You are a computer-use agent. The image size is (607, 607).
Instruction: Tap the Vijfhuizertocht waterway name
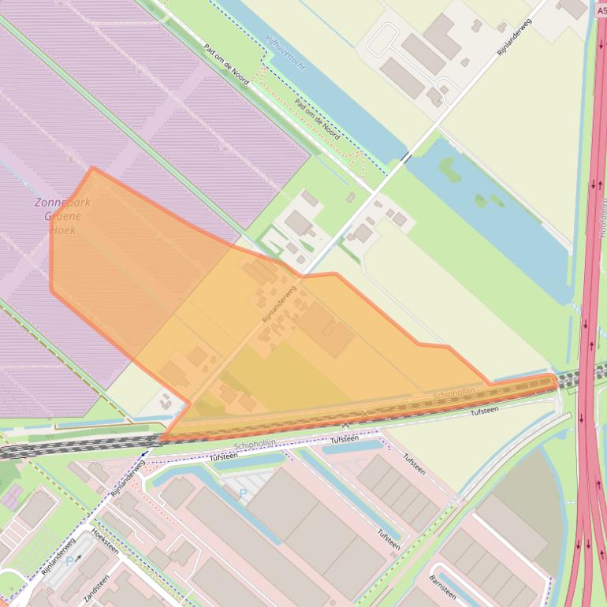(x=285, y=53)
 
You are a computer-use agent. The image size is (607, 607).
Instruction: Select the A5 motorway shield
(x=601, y=12)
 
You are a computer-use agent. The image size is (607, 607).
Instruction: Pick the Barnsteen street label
(x=443, y=583)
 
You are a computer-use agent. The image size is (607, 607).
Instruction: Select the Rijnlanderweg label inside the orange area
(x=279, y=303)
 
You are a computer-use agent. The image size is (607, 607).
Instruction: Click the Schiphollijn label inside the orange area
(x=454, y=392)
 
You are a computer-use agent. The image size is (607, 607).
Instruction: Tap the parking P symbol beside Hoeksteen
(x=71, y=561)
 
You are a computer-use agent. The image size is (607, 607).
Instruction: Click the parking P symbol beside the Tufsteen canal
(x=243, y=493)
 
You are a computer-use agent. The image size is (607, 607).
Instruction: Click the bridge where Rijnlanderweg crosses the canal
(x=405, y=158)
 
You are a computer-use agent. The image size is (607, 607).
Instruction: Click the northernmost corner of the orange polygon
(x=93, y=168)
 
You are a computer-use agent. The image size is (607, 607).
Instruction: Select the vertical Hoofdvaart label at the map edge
(x=602, y=229)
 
